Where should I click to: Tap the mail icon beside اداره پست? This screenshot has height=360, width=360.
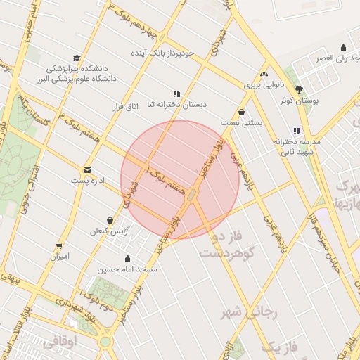point(87,169)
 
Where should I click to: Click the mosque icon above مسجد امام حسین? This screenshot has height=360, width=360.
point(127,258)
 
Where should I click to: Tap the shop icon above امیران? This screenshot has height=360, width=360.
point(59,246)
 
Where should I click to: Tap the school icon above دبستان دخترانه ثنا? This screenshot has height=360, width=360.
point(176,93)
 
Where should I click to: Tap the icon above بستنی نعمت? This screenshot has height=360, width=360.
point(242,112)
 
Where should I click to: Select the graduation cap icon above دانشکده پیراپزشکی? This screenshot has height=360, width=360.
point(76,58)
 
